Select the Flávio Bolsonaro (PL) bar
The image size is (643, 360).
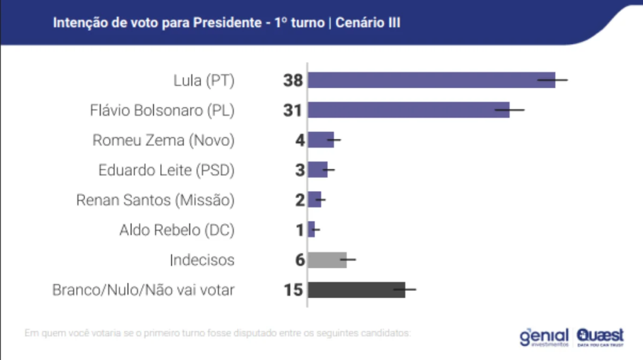tap(409, 110)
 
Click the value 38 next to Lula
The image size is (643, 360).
tap(293, 80)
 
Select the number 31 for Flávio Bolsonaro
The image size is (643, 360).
tap(293, 111)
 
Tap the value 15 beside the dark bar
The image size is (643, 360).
tap(293, 290)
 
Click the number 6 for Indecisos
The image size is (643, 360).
tap(300, 259)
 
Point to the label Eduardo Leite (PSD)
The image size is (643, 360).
tap(166, 170)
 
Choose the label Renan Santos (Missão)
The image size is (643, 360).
tap(155, 200)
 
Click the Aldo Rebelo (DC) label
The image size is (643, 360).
tap(176, 230)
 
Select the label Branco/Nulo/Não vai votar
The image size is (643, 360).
tap(143, 290)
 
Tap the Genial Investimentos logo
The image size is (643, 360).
tap(544, 337)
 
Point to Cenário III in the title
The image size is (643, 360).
tap(368, 23)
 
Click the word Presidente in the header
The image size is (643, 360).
tap(223, 23)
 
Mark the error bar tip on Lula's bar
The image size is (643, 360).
tap(567, 80)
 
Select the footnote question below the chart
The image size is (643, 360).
tap(217, 332)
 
